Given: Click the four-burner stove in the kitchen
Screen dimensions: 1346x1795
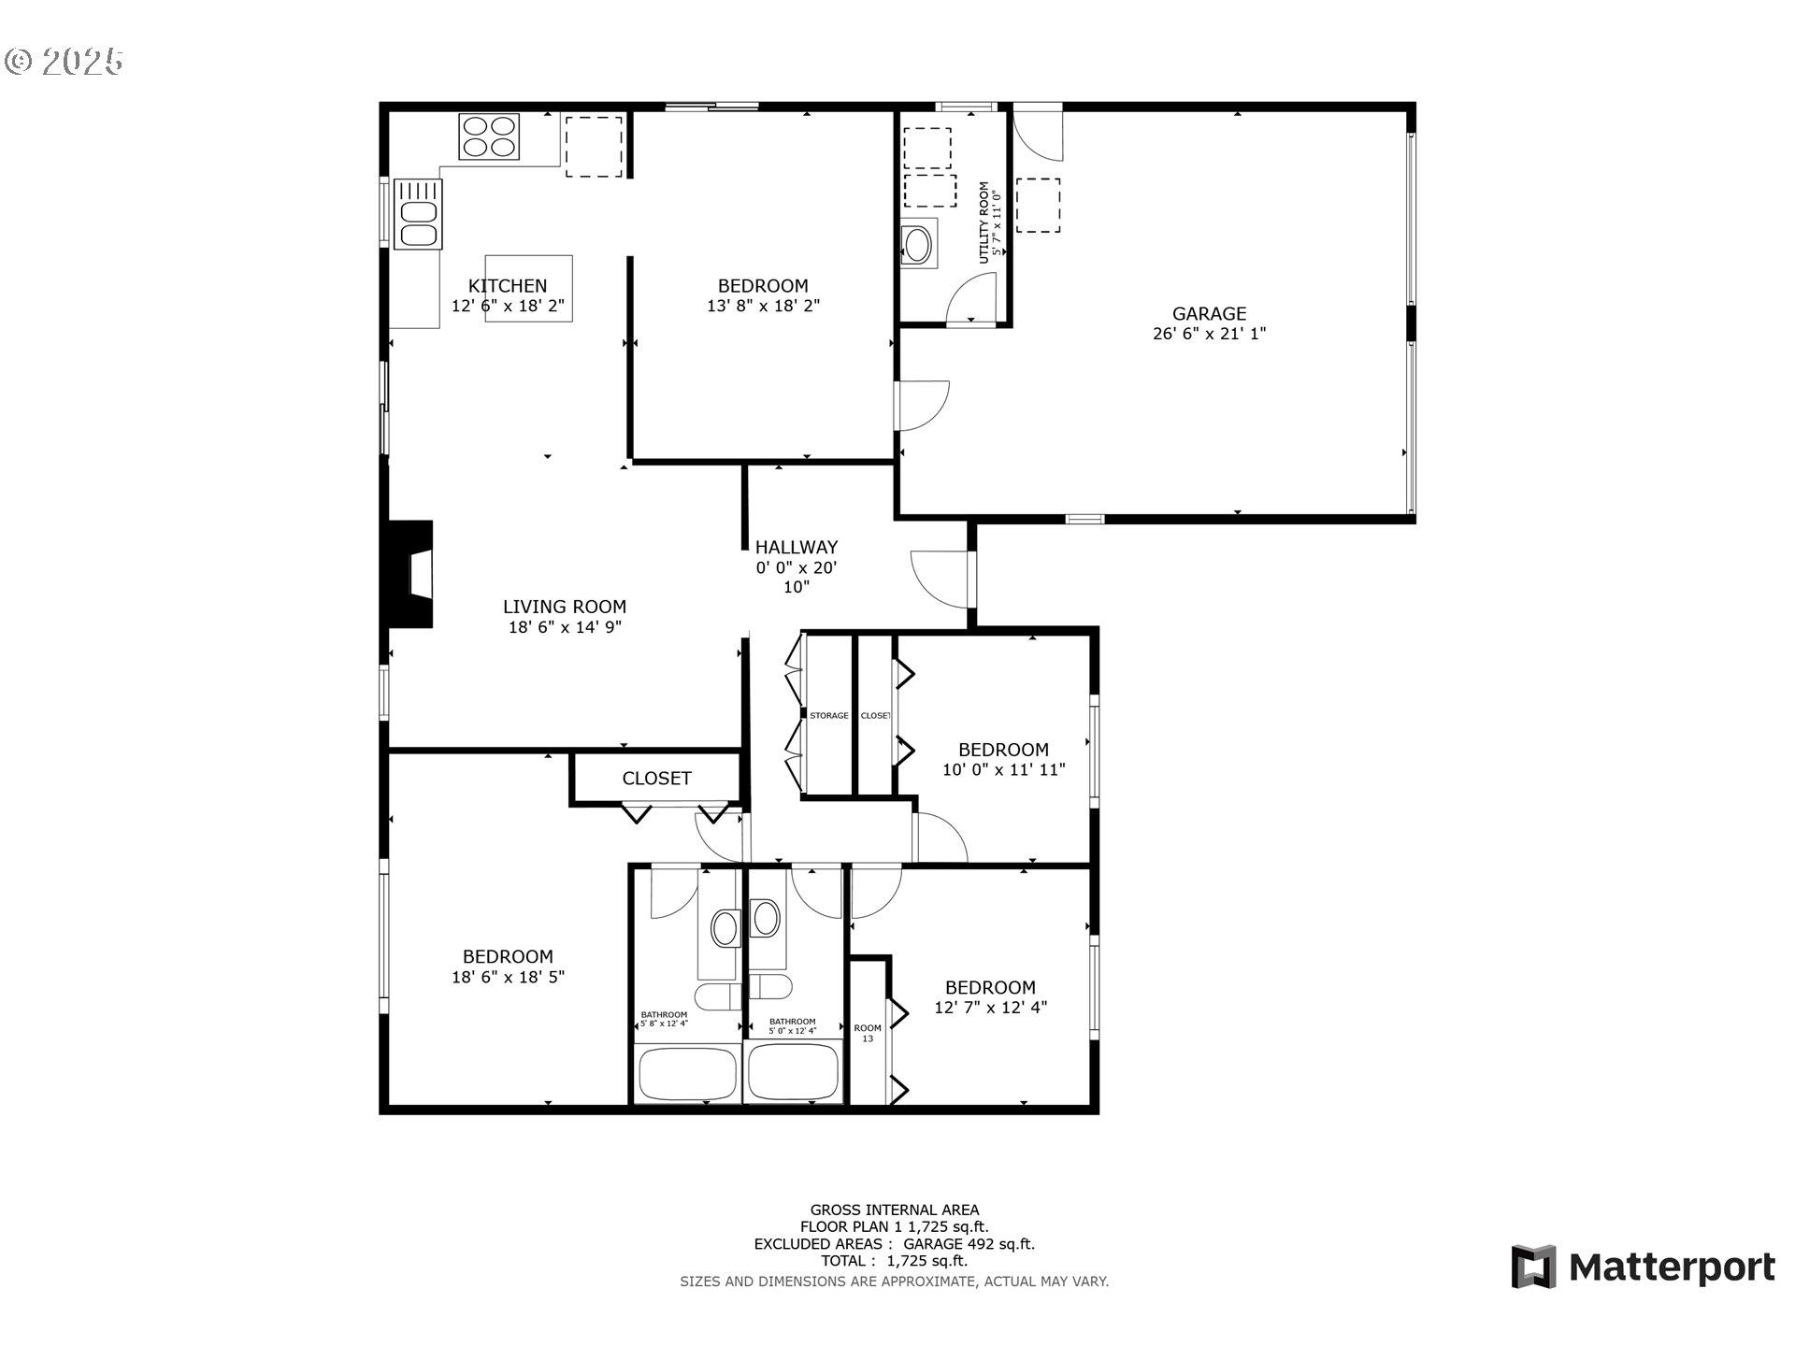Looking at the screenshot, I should pos(489,136).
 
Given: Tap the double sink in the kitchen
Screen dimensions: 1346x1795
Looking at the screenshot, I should pos(418,214).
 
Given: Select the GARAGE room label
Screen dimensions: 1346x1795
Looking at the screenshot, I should pos(1209,314).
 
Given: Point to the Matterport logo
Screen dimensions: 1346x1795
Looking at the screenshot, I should pos(1643,1267).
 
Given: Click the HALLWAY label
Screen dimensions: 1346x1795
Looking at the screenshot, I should pos(796,548).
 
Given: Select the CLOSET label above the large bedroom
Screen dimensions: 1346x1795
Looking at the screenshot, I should pos(656,779).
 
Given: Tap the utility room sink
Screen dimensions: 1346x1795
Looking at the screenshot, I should pos(917,245).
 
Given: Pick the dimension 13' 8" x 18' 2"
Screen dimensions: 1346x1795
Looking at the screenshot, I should pos(763,306).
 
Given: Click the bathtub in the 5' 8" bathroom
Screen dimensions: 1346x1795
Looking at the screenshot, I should pos(687,1074).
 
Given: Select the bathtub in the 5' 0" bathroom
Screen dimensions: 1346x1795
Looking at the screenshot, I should pos(793,1072).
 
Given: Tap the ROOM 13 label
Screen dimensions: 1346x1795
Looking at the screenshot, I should pos(868,1033).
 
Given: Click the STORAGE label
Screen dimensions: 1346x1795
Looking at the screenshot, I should pos(828,716).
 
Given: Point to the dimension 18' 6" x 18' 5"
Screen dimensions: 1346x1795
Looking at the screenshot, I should pos(508,978).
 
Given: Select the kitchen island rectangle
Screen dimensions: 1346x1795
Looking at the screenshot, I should pos(528,289).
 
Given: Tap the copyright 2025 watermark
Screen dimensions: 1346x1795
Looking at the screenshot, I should pos(64,62).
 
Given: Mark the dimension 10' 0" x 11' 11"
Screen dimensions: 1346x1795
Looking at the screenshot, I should pos(1003,770).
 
